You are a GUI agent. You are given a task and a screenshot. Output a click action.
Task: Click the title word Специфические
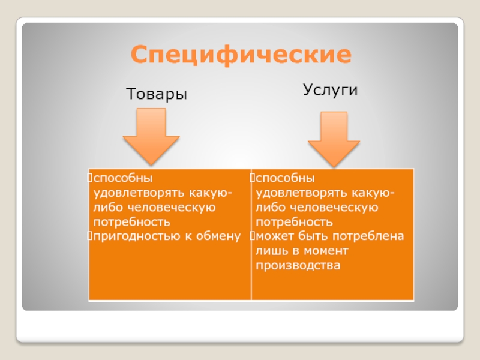coord(241,55)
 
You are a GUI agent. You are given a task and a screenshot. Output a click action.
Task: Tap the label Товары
coord(156,94)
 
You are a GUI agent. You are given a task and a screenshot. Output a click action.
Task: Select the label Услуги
coord(330,90)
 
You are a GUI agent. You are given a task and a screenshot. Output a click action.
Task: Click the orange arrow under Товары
coord(151,136)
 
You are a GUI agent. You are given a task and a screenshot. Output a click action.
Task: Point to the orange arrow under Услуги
coord(334,139)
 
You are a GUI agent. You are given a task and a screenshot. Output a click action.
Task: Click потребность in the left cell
coord(128,222)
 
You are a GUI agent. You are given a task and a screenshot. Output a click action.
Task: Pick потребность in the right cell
coord(291,222)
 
